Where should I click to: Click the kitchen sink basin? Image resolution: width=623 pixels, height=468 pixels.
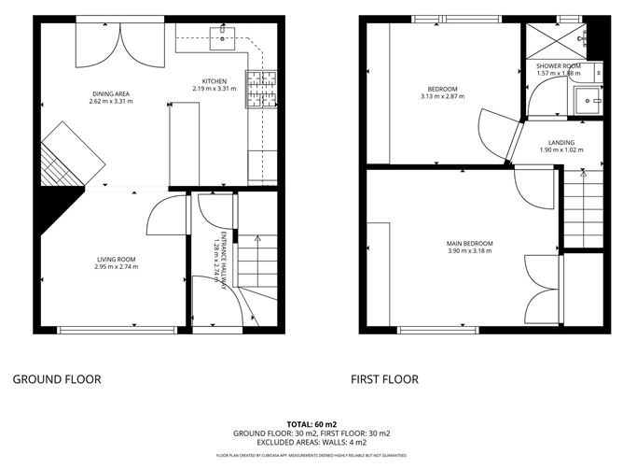click(224, 36)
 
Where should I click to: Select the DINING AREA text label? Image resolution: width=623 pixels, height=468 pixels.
click(112, 93)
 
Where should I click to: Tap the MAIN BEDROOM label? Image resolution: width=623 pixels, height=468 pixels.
click(469, 243)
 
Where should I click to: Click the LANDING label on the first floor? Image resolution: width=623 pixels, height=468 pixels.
click(561, 142)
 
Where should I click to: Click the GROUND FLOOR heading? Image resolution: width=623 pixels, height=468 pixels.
click(56, 379)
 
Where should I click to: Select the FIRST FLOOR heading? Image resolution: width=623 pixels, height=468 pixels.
click(384, 379)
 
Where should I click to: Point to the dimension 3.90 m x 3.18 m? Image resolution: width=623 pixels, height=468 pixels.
click(469, 250)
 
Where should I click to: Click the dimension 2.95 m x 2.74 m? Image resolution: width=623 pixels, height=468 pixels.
click(116, 267)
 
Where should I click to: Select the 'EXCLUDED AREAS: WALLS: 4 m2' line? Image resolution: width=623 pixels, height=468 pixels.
click(311, 442)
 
